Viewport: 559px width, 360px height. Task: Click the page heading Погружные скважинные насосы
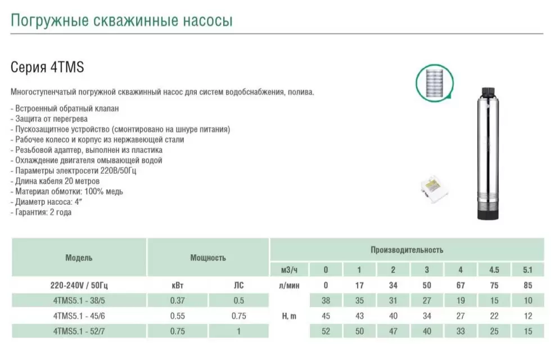(121, 21)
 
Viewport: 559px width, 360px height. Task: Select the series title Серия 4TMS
(47, 68)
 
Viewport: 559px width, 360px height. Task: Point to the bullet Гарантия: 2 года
(41, 212)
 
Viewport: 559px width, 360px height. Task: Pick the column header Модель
(79, 258)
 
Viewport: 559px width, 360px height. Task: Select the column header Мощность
(208, 258)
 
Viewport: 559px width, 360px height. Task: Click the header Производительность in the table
(407, 249)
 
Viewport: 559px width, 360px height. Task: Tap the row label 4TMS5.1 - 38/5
(79, 300)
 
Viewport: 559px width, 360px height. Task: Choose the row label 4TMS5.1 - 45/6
(79, 316)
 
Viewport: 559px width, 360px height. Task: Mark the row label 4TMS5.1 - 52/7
(79, 331)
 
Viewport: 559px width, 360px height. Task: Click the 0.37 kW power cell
(177, 300)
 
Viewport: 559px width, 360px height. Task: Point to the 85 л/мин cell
(528, 285)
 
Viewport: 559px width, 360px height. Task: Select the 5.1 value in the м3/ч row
(528, 269)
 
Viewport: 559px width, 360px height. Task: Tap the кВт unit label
(177, 285)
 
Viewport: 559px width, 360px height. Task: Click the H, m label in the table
(289, 316)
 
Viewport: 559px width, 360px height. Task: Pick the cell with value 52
(326, 331)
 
